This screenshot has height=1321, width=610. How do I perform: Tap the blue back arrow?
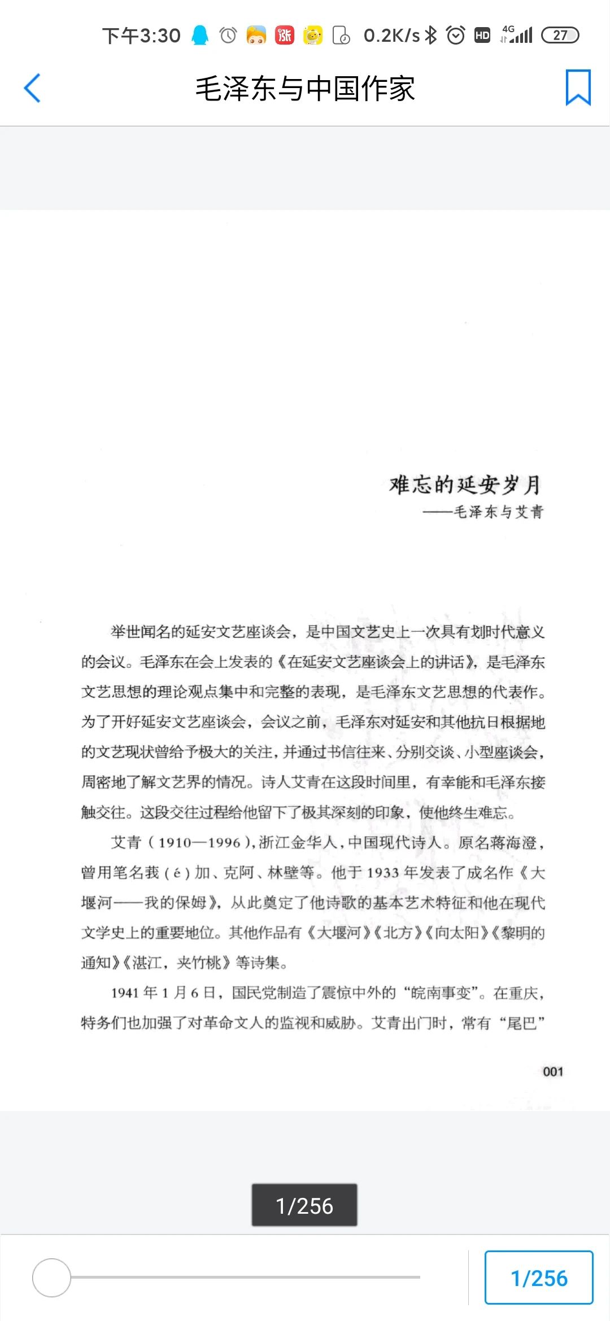pos(32,88)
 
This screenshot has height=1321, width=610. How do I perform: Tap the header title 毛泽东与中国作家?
pos(305,89)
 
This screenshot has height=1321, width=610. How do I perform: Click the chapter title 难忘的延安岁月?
pos(465,484)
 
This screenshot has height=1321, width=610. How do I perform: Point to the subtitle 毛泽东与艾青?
pos(498,512)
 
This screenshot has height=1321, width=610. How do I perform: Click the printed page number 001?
pos(553,1071)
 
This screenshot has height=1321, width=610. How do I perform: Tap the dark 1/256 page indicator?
pos(304,1205)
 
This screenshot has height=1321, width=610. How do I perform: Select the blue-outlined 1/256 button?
pos(539,1278)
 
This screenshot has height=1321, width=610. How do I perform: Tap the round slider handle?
pos(51,1277)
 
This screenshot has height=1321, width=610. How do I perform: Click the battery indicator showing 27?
pos(560,35)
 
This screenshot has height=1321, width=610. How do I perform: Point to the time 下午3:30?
pos(141,36)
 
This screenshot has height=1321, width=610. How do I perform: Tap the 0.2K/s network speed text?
pos(391,36)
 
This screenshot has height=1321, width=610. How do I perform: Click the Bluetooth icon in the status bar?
pos(431,35)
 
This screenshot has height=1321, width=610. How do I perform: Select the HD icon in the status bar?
pos(482,36)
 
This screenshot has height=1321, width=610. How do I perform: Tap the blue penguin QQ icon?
pos(200,35)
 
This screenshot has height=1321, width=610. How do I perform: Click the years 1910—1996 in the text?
pos(199,843)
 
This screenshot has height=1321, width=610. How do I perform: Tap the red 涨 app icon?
pos(285,35)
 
